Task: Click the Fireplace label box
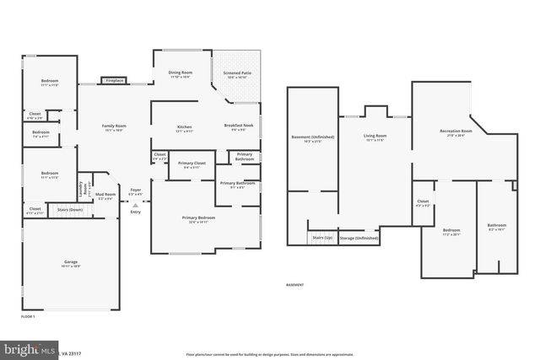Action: pyautogui.click(x=114, y=81)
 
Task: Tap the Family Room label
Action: pyautogui.click(x=114, y=127)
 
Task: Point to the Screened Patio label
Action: pyautogui.click(x=237, y=74)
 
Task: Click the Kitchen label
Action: pyautogui.click(x=184, y=128)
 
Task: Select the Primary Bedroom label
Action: pyautogui.click(x=198, y=219)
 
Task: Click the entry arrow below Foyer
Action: pyautogui.click(x=135, y=204)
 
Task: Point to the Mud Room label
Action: pyautogui.click(x=105, y=197)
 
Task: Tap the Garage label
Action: pyautogui.click(x=71, y=263)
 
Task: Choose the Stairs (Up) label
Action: pyautogui.click(x=321, y=239)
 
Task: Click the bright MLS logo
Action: pyautogui.click(x=19, y=348)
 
